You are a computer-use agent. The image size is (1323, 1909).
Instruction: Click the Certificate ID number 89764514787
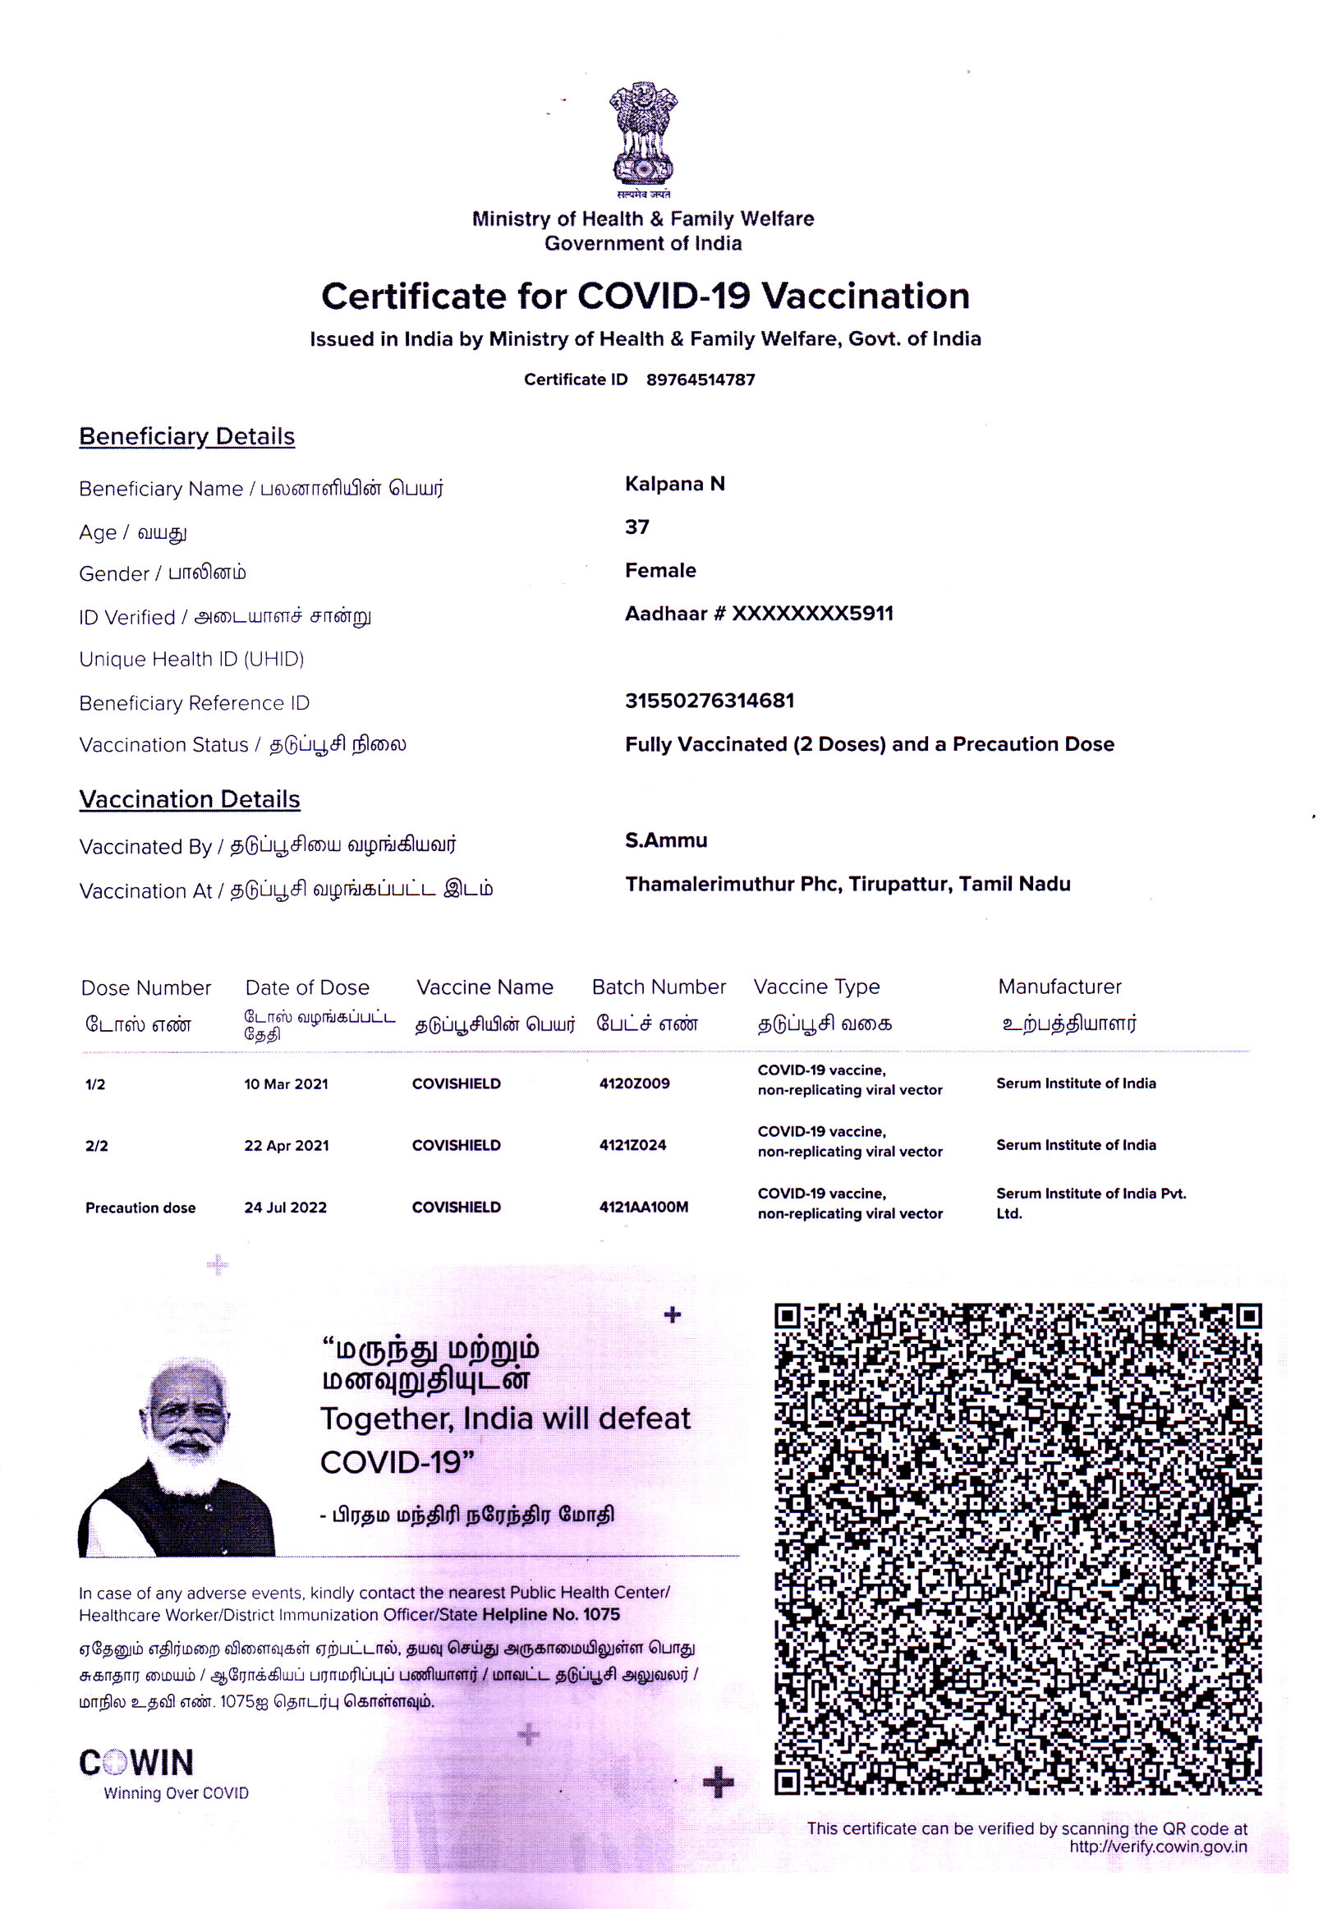(701, 379)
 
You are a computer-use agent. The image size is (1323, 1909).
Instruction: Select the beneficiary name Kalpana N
(675, 484)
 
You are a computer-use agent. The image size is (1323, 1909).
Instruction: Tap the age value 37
(636, 527)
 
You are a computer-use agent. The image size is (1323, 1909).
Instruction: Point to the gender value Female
(659, 570)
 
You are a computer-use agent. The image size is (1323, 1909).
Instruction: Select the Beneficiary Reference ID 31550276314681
(710, 701)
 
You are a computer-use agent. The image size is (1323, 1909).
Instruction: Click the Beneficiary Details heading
(186, 436)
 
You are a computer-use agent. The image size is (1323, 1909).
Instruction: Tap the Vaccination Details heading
(189, 799)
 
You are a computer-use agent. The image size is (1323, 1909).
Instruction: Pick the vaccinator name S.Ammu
(666, 840)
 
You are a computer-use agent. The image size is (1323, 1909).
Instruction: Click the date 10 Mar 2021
(286, 1084)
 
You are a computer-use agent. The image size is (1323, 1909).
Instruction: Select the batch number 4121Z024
(632, 1146)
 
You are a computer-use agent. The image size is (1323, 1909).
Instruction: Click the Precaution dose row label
(140, 1207)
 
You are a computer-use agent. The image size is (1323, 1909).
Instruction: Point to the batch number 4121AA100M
(643, 1207)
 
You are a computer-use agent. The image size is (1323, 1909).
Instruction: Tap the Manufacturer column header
(1059, 987)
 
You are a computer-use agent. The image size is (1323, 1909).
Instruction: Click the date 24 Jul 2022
(285, 1207)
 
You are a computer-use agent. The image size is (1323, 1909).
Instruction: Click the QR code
(1018, 1548)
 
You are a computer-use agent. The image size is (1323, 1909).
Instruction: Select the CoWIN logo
(137, 1762)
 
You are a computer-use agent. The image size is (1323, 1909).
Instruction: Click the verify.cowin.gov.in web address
(1157, 1847)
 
